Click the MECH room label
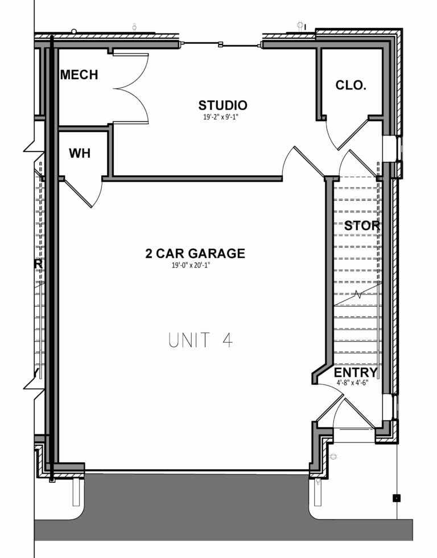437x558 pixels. click(79, 75)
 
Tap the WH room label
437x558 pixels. click(80, 153)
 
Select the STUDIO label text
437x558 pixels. click(222, 105)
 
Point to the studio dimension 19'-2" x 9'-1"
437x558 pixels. click(222, 117)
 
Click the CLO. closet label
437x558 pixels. click(351, 85)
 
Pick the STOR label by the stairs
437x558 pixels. click(362, 225)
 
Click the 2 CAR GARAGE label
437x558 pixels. click(195, 253)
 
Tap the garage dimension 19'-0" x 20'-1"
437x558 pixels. click(195, 265)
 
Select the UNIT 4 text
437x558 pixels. click(201, 340)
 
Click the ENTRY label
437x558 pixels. click(356, 372)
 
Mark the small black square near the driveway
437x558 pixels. click(397, 498)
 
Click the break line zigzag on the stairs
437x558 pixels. click(357, 294)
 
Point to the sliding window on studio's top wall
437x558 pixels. click(221, 44)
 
